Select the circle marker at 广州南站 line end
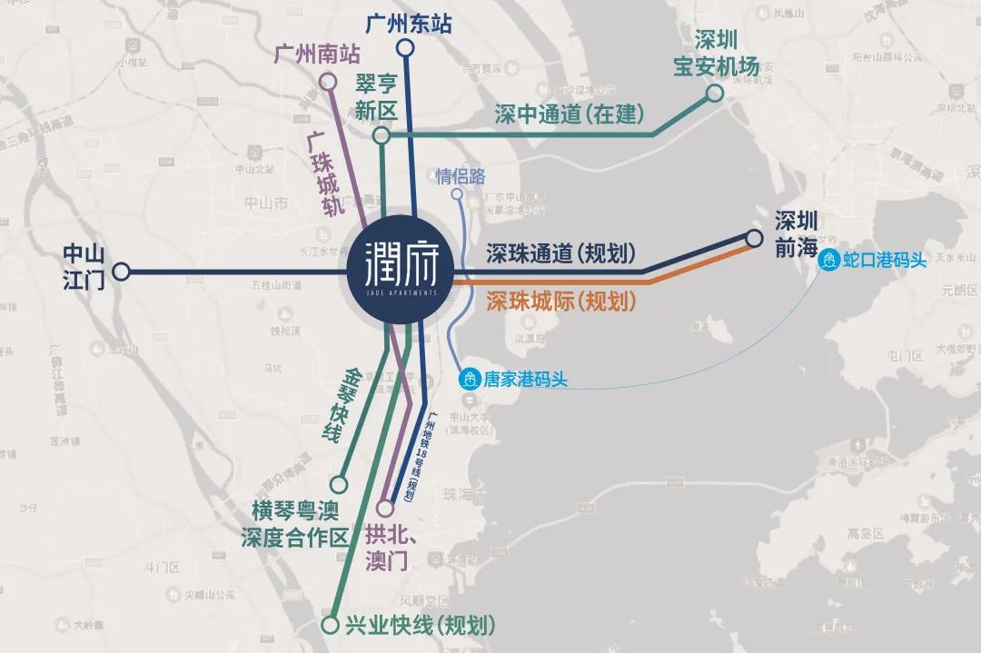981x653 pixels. pyautogui.click(x=327, y=82)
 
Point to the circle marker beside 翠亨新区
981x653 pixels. pyautogui.click(x=381, y=135)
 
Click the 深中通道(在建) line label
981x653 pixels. pyautogui.click(x=570, y=114)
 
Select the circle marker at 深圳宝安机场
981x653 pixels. pyautogui.click(x=715, y=93)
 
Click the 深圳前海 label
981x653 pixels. pyautogui.click(x=797, y=234)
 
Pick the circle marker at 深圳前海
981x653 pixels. pyautogui.click(x=754, y=239)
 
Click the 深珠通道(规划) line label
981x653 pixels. pyautogui.click(x=560, y=254)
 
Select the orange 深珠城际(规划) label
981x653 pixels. pyautogui.click(x=560, y=302)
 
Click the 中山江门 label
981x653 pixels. pyautogui.click(x=84, y=267)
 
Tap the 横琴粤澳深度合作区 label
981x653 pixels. pyautogui.click(x=294, y=523)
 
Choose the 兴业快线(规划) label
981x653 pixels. pyautogui.click(x=421, y=626)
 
